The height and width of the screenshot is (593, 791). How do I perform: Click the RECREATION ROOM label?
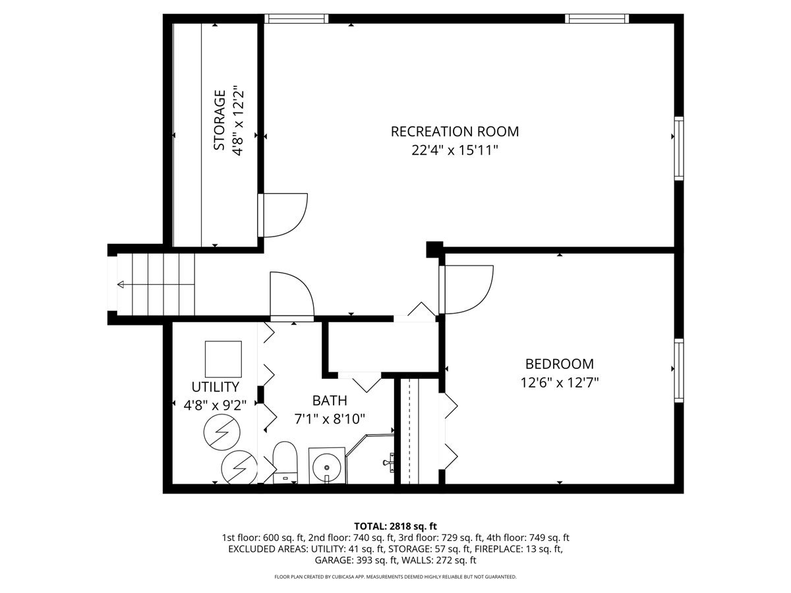455,131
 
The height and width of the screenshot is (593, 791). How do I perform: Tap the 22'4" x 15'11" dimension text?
455,151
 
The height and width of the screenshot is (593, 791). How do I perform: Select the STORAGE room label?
220,120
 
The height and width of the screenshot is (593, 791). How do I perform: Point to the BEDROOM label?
559,364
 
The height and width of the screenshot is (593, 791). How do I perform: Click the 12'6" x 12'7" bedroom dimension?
559,382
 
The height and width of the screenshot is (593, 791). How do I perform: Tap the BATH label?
330,401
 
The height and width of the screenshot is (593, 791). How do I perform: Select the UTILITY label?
215,387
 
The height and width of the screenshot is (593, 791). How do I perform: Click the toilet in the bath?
285,461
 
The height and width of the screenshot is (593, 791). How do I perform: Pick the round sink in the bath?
326,466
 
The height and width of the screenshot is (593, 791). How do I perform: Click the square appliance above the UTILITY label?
223,358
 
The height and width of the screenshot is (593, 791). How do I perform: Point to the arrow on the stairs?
121,285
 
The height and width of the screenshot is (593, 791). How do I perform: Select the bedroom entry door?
468,289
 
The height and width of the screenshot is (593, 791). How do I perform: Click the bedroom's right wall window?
678,370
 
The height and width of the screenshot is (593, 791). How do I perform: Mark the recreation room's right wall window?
678,148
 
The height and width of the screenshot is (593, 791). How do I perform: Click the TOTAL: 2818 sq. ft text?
395,526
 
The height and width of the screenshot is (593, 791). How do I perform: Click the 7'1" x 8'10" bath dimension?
330,418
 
